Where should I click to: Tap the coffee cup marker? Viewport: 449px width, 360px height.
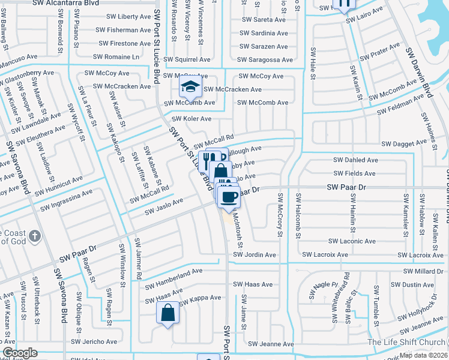[x=229, y=196]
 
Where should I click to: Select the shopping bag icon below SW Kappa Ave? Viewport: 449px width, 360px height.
[x=167, y=313]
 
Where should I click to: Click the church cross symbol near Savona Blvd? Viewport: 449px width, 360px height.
[x=34, y=236]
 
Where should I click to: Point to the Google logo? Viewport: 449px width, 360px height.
[x=20, y=353]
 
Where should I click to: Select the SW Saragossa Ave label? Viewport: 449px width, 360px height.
[x=265, y=59]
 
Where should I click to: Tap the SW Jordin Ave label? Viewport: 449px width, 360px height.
[x=255, y=255]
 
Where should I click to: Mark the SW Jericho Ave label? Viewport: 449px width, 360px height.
[x=94, y=341]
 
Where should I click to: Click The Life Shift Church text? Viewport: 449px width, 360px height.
[x=408, y=342]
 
